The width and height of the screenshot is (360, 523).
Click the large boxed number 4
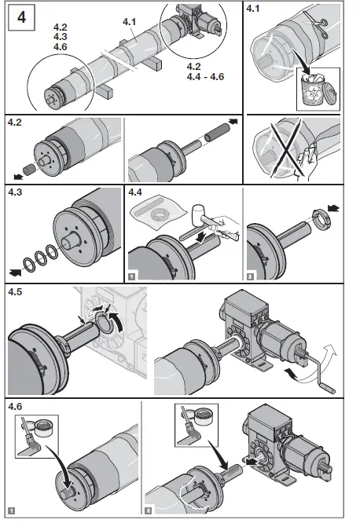(x=21, y=17)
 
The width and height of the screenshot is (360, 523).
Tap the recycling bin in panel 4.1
(x=312, y=89)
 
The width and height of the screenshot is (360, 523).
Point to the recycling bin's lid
(x=332, y=90)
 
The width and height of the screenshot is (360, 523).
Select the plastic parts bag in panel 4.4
(x=157, y=213)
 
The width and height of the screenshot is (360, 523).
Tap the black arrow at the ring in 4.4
(x=333, y=209)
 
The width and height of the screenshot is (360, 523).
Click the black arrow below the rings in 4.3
(x=15, y=272)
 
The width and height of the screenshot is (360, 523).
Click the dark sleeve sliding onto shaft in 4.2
(x=215, y=133)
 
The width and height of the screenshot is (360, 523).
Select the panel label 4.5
(x=15, y=292)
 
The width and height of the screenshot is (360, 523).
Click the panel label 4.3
(x=15, y=192)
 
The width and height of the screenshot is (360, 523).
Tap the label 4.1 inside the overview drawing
(x=129, y=22)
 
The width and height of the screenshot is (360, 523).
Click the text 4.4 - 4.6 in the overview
(x=205, y=77)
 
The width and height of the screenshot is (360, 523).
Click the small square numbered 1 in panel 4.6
(x=12, y=510)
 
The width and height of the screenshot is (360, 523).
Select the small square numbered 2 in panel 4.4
(x=250, y=276)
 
